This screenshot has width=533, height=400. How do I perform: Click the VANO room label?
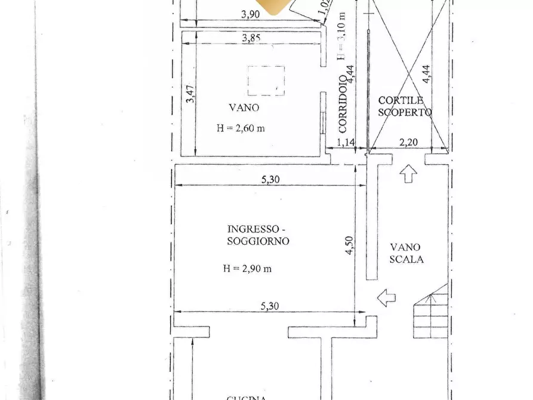click(x=244, y=108)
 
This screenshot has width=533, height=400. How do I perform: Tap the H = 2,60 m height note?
click(x=241, y=128)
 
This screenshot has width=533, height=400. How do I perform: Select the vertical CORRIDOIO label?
click(x=343, y=103)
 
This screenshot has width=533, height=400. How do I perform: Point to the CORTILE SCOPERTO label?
click(x=404, y=106)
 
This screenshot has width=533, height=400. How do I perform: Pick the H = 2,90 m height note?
click(x=247, y=269)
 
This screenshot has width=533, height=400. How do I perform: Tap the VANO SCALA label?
click(x=406, y=253)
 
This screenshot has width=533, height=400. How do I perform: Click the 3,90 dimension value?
click(x=250, y=16)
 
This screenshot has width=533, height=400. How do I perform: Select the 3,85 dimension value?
click(x=251, y=39)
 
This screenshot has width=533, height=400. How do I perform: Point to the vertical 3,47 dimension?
click(x=190, y=94)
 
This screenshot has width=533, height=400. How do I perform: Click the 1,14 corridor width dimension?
click(x=346, y=142)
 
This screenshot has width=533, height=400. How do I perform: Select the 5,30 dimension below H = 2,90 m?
click(x=270, y=306)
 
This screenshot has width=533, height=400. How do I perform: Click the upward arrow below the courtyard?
click(x=408, y=174)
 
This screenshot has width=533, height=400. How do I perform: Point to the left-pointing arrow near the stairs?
click(x=386, y=297)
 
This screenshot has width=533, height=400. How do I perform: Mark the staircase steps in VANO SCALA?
click(x=432, y=313)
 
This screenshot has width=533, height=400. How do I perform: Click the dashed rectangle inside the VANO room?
click(x=266, y=81)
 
